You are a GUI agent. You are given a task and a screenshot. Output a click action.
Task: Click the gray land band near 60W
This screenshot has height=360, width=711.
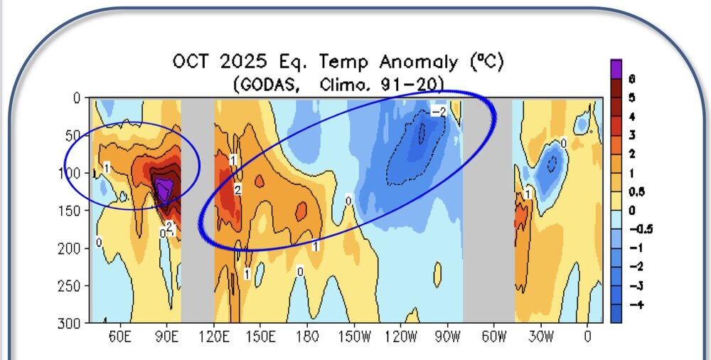(x=488, y=213)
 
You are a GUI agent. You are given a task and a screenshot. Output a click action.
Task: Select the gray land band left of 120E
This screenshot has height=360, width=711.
(x=198, y=213)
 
